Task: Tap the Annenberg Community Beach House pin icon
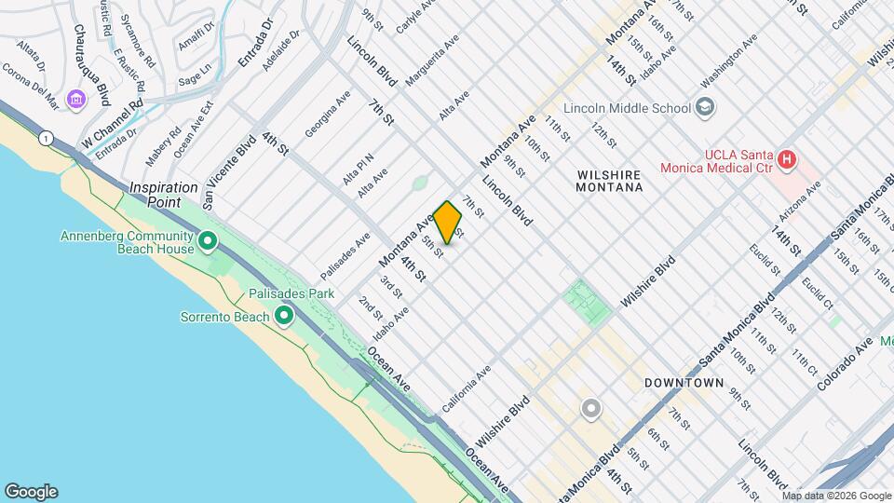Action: click(x=208, y=242)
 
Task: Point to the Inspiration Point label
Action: click(x=164, y=187)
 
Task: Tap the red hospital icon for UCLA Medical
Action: click(x=787, y=159)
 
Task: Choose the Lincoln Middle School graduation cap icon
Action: click(x=705, y=107)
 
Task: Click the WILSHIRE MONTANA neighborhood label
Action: click(x=610, y=181)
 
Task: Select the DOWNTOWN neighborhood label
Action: click(x=684, y=383)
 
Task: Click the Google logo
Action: click(x=31, y=492)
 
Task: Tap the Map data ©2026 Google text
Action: click(x=838, y=496)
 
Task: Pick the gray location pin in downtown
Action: click(x=590, y=408)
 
